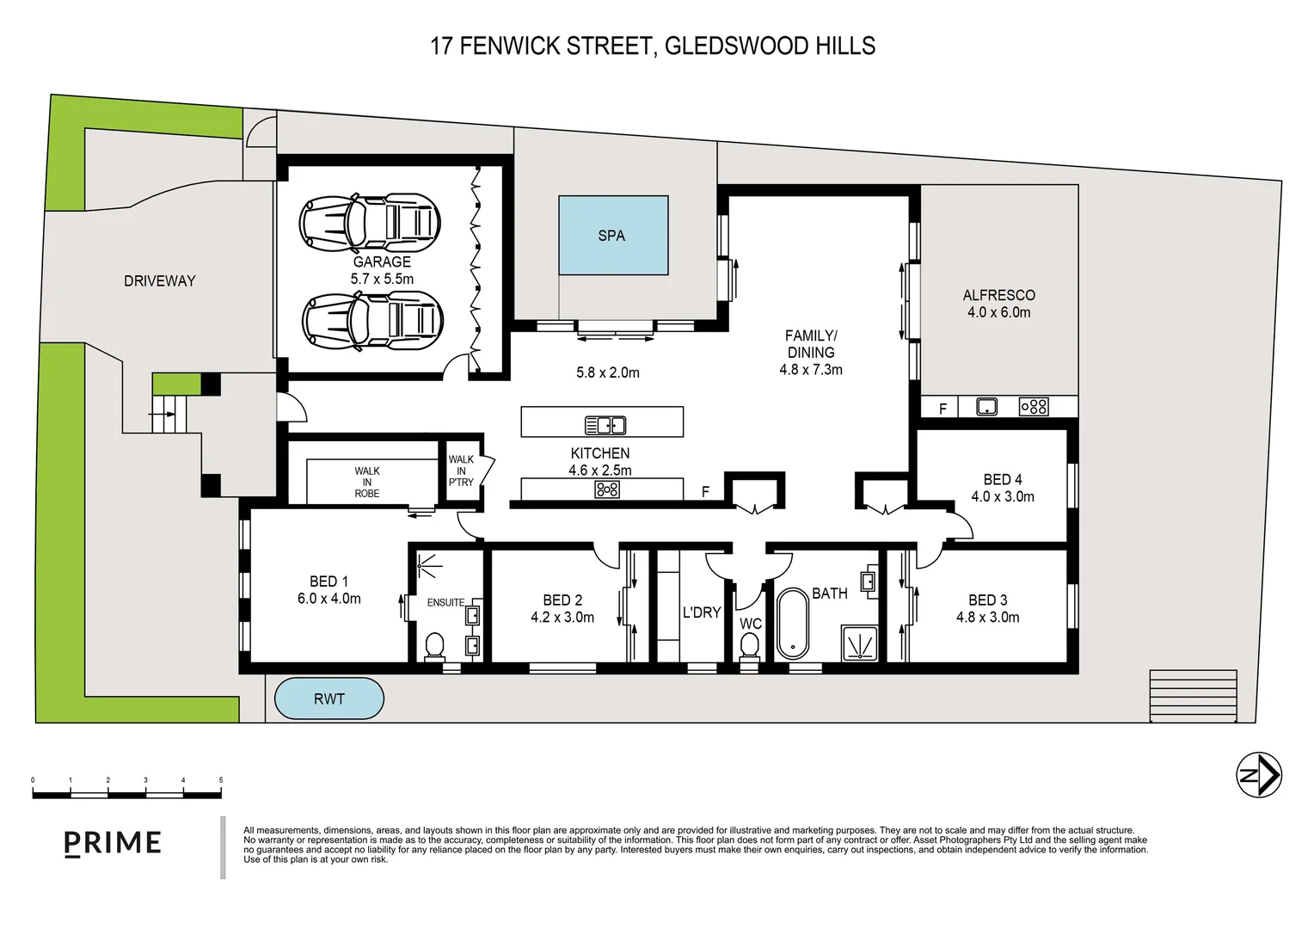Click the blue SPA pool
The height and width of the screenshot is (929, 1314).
point(613,235)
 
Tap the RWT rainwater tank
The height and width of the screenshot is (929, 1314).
point(328,698)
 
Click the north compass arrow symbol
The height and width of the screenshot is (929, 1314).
point(1259,775)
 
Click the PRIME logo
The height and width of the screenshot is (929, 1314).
point(113,843)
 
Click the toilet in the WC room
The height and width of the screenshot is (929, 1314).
point(750,645)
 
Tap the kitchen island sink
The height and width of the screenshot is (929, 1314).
point(605,424)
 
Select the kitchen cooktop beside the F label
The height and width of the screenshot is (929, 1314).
point(607,489)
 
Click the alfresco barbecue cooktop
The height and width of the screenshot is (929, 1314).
point(1033,407)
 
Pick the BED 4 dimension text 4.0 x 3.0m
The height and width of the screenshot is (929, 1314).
point(1003,496)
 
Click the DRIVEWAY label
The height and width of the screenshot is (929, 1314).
point(159,280)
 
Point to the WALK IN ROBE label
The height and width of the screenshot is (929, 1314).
point(367,482)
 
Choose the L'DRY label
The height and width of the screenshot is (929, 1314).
point(701,612)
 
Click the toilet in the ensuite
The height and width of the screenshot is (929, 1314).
point(435,645)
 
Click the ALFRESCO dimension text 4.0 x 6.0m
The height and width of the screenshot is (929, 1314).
point(998,312)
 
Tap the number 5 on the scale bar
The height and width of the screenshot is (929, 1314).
point(221,780)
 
